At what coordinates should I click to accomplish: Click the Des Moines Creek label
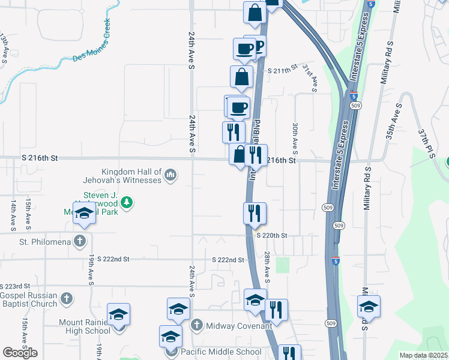(92, 41)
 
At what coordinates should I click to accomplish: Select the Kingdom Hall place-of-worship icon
(171, 175)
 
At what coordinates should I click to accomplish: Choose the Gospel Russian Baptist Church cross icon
(67, 297)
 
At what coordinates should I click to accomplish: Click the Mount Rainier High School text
(84, 326)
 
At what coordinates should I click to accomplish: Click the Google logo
(20, 353)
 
